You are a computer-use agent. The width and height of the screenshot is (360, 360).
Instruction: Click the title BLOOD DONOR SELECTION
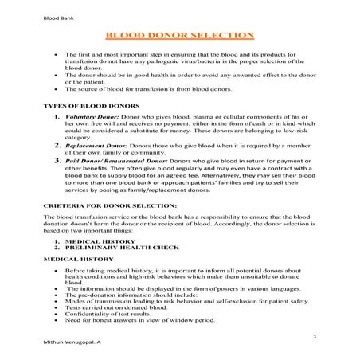coord(179,35)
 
